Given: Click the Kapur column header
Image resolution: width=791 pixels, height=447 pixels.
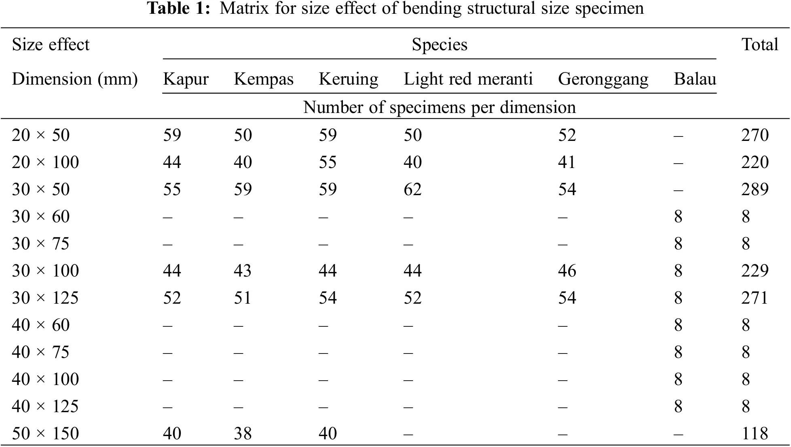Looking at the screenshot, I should point(186,79).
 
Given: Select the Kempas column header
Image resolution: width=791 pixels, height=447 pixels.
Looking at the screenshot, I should point(263,79).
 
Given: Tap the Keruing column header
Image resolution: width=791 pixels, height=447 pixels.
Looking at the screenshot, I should point(348,79).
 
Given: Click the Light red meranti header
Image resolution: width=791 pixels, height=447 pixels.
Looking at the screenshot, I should point(468,79).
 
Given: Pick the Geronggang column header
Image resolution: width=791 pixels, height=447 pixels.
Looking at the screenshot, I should point(603,79).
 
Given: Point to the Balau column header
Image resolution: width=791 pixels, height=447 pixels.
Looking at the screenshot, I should point(695,79).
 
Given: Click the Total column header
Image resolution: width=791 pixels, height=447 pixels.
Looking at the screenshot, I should point(759,45).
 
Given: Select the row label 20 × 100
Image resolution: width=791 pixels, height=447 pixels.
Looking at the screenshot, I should point(45,162).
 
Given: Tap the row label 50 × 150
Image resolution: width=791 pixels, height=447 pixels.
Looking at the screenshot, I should point(45,434).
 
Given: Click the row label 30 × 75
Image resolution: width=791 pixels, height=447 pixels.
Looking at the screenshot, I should point(40,244).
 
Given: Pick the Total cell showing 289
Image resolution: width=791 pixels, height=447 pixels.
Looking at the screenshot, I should point(755,189).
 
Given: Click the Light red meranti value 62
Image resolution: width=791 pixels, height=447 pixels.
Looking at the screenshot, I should point(412,189).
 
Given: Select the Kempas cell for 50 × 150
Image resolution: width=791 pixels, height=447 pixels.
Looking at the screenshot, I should point(243,434).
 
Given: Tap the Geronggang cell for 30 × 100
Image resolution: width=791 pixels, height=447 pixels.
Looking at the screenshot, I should point(567,271).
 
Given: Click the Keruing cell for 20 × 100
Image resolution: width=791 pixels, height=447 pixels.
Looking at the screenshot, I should point(328,162).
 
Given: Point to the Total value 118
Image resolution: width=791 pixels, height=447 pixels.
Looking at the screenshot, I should point(755,434).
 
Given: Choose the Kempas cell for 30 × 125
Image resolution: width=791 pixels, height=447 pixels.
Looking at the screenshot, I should point(243,298).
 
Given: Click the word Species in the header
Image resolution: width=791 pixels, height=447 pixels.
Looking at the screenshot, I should point(439,45).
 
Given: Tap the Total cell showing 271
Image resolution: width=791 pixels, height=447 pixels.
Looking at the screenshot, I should point(755,298).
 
